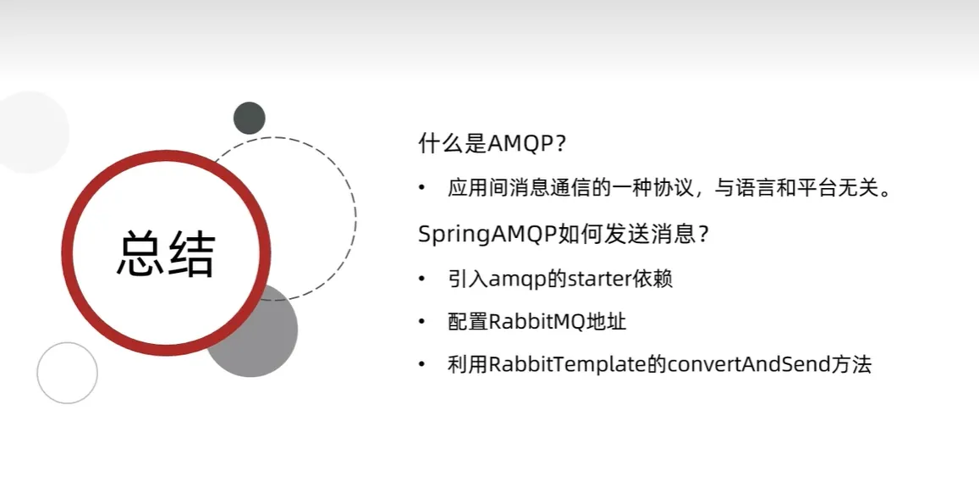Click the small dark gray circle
249,118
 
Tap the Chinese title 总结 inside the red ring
166,254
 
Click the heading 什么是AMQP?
492,144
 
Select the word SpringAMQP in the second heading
487,235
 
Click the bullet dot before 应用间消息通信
423,187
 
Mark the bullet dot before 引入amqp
423,278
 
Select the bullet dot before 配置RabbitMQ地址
423,321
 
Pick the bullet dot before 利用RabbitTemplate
423,364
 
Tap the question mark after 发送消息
702,235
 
